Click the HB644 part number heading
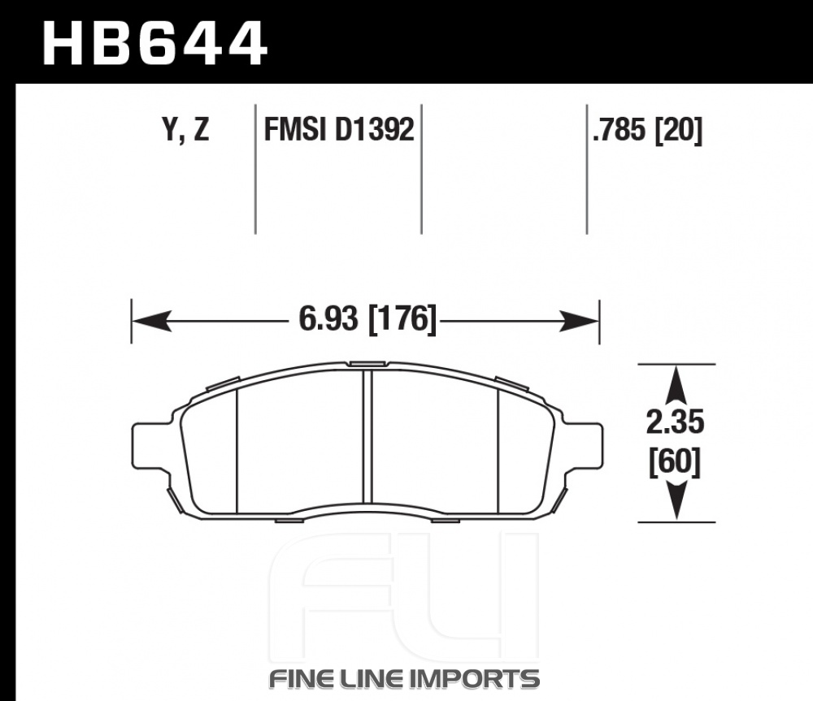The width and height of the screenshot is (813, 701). point(154,44)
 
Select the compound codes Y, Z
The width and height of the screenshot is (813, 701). point(185,129)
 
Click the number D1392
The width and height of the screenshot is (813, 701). point(375,129)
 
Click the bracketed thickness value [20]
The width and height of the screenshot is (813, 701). point(679,129)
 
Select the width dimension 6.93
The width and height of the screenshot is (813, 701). point(328,318)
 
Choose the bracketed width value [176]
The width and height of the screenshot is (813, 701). point(402,318)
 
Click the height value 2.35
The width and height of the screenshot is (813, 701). point(675,422)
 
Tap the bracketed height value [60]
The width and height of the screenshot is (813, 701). point(675,461)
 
